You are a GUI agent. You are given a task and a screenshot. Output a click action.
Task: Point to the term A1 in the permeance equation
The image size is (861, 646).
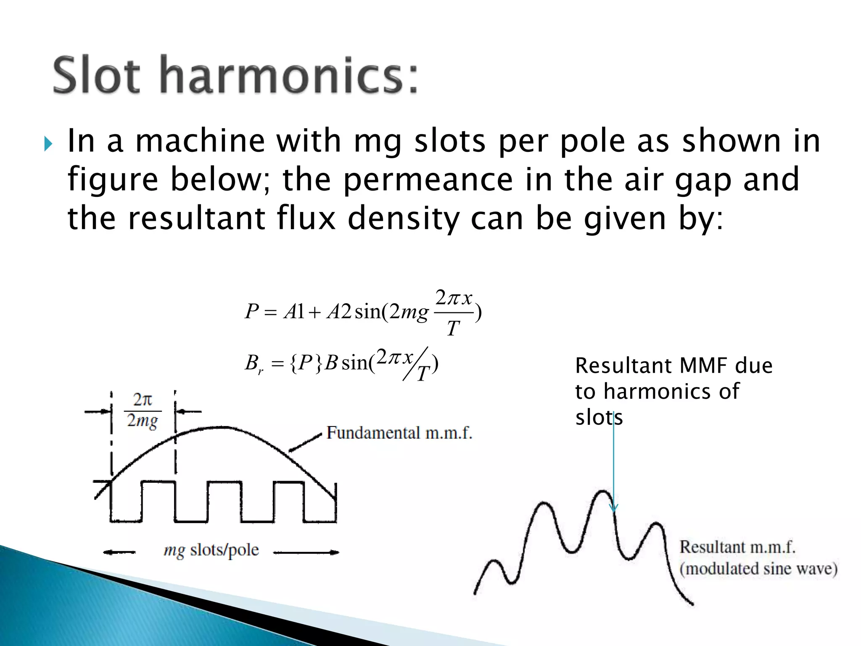294,312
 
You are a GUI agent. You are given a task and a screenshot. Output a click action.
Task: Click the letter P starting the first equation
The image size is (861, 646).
251,312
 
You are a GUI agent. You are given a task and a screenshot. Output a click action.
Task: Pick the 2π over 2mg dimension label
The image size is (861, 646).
143,410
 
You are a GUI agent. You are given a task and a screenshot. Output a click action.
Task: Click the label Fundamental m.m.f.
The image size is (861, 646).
399,433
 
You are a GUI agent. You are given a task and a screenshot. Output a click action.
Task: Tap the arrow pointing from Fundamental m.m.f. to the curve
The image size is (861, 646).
305,442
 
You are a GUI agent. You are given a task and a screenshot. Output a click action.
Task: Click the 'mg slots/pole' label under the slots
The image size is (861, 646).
211,550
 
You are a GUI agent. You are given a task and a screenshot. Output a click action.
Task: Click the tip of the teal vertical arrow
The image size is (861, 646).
614,511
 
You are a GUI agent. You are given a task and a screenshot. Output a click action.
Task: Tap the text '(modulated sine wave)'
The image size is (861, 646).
758,569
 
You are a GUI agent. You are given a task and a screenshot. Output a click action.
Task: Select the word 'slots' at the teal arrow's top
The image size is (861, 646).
599,418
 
